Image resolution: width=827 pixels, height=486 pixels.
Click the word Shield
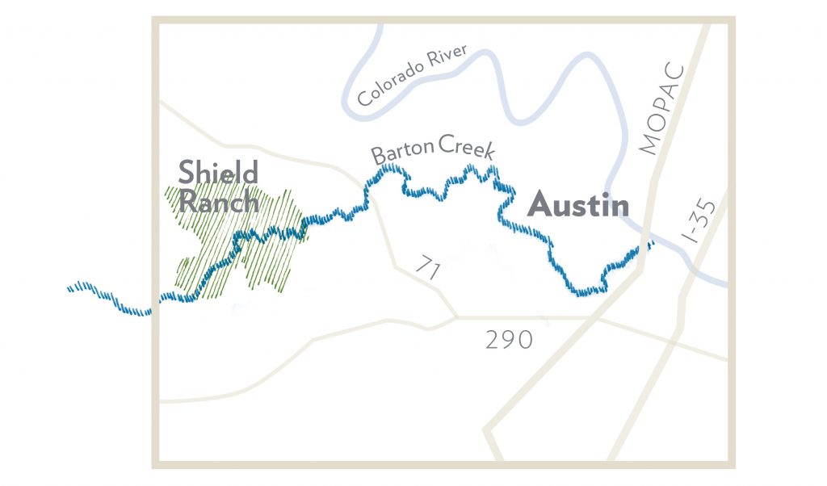click(218, 172)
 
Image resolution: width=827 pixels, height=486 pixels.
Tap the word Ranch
click(218, 201)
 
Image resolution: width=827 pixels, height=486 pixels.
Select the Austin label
click(577, 206)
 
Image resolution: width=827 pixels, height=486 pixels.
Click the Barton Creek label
click(432, 150)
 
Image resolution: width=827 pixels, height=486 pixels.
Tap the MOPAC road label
click(661, 109)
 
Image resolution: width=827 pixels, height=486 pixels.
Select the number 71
click(428, 267)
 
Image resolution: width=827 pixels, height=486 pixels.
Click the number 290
click(509, 340)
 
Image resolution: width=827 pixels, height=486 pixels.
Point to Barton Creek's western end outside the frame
click(72, 287)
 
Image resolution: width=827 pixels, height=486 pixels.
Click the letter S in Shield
click(187, 172)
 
